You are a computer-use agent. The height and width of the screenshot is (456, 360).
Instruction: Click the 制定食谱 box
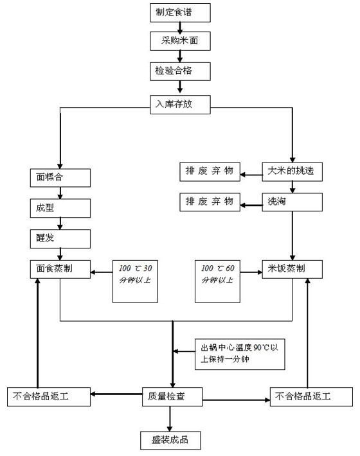coord(180,12)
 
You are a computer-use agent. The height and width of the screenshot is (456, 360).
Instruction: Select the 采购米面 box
coord(180,41)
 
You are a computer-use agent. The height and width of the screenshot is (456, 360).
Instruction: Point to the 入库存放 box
coord(180,104)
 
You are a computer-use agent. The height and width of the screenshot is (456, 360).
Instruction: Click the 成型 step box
coord(60,207)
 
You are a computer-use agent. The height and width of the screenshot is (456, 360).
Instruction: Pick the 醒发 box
coord(60,239)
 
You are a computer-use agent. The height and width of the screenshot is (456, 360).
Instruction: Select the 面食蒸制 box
coord(60,269)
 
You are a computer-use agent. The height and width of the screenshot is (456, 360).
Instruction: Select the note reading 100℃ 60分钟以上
coord(217,281)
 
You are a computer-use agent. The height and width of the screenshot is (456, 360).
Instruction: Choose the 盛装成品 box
coord(170,440)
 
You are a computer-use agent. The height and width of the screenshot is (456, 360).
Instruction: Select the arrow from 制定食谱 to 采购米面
coord(180,27)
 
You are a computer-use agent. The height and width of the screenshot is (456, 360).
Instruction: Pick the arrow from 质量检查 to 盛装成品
coord(170,418)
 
